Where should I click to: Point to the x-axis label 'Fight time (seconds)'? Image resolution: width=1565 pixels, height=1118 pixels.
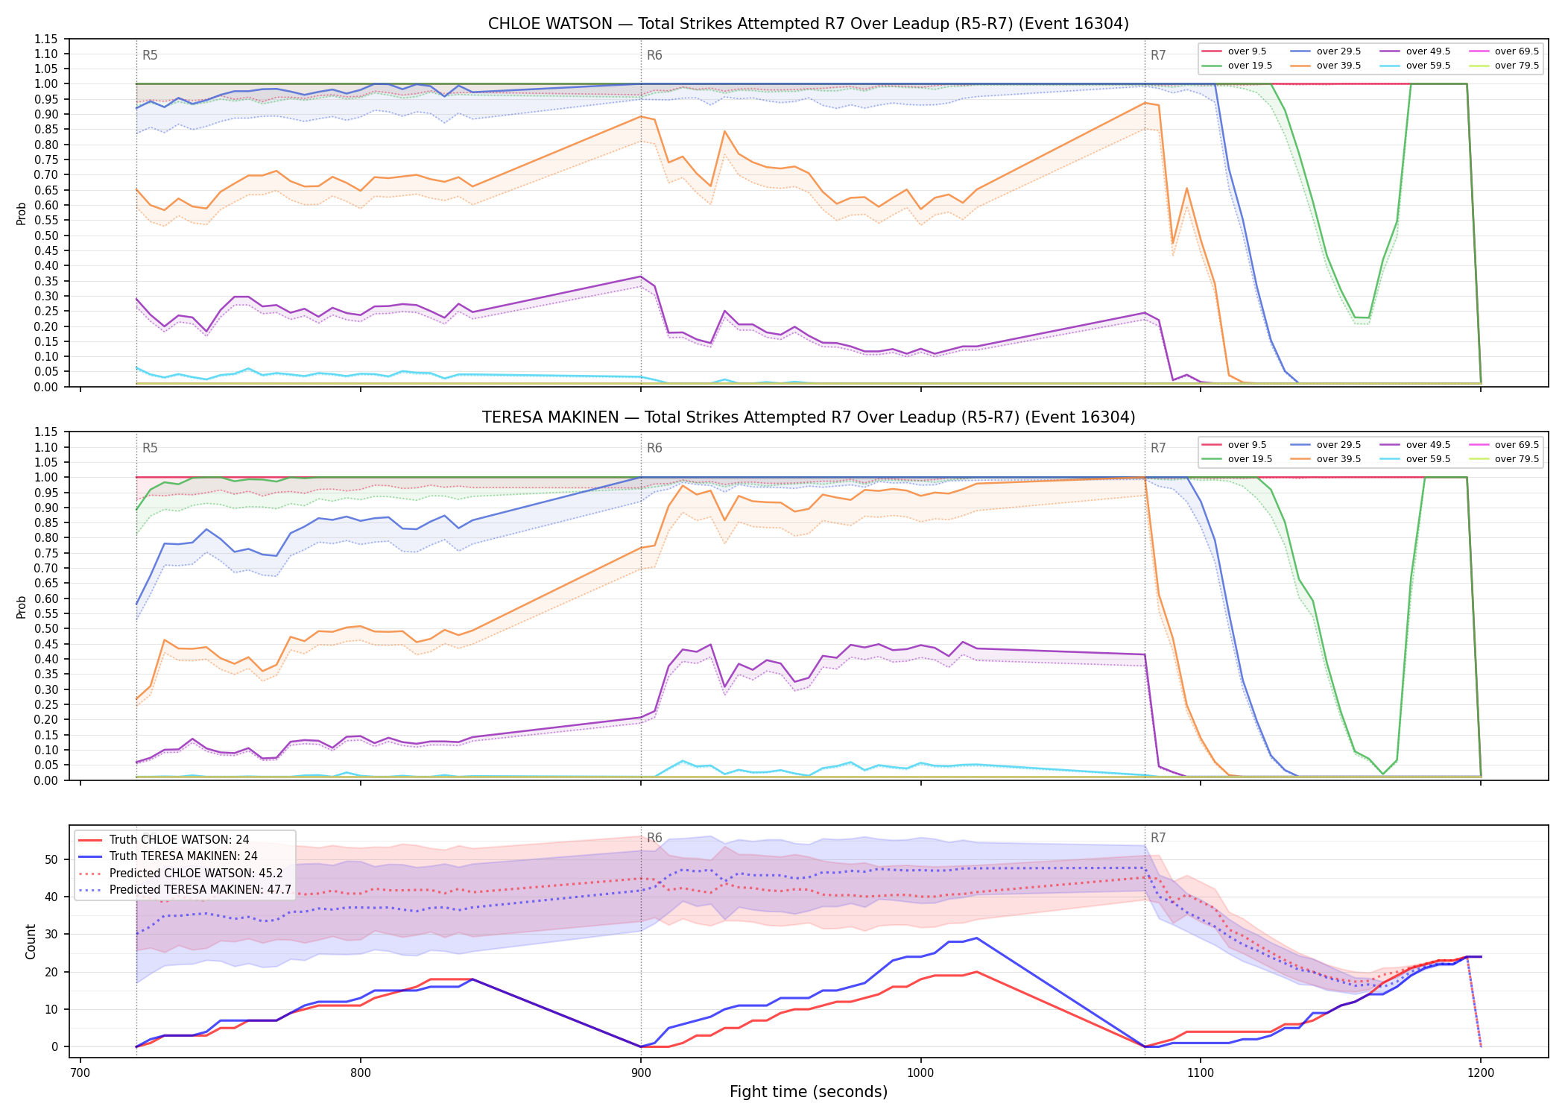pos(809,1092)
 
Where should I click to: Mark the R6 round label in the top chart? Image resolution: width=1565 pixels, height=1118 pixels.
pos(654,55)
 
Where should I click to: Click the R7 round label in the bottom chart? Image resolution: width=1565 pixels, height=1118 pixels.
pos(1158,838)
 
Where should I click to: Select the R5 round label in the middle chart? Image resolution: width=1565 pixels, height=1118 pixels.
pos(150,448)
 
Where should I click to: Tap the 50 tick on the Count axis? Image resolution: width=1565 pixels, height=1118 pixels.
pos(52,859)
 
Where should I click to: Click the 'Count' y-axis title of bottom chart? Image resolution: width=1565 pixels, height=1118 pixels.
pos(31,941)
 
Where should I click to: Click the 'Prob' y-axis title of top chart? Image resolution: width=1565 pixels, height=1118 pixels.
pos(22,213)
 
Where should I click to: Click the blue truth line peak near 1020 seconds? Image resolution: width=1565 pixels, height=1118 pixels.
pos(976,938)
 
